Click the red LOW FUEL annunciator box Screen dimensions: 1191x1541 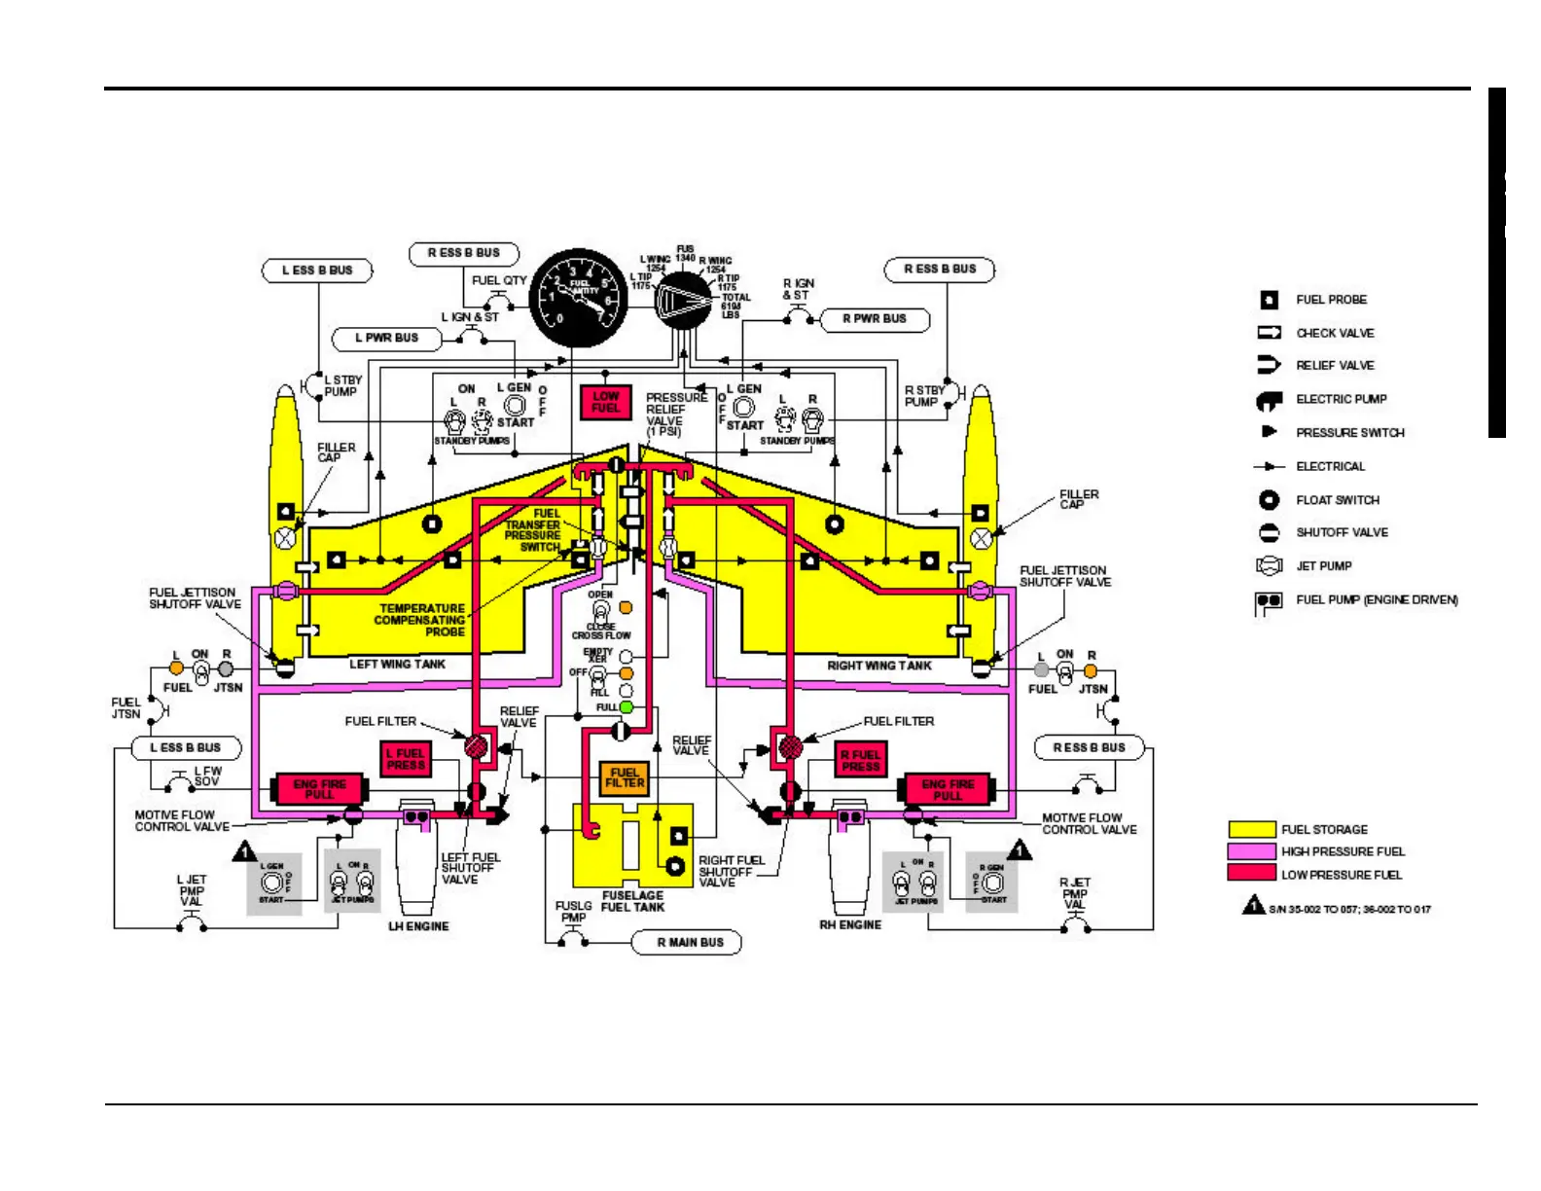(x=605, y=402)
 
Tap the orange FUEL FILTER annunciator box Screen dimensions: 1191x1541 (x=624, y=777)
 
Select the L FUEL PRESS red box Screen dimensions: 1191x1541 (x=405, y=759)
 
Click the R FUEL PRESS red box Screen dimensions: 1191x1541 (x=860, y=760)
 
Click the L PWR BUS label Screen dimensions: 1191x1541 (x=386, y=338)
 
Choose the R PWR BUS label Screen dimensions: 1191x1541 (x=874, y=318)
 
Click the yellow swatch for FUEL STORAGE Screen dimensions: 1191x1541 (x=1251, y=829)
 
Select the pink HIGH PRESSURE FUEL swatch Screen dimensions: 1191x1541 (x=1251, y=851)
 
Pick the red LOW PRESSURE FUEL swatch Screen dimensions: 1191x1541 (x=1251, y=874)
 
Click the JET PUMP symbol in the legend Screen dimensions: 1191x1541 (x=1269, y=565)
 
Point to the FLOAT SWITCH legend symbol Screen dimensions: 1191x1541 (x=1269, y=499)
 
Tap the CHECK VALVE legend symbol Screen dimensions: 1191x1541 (x=1269, y=333)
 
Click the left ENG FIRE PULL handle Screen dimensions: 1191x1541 (x=319, y=788)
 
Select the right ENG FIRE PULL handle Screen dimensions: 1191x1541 (x=948, y=789)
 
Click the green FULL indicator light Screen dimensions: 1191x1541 (x=626, y=707)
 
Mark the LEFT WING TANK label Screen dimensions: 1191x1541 (x=397, y=664)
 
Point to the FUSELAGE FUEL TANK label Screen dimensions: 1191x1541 (x=632, y=901)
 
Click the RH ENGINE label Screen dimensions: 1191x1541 (x=850, y=924)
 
